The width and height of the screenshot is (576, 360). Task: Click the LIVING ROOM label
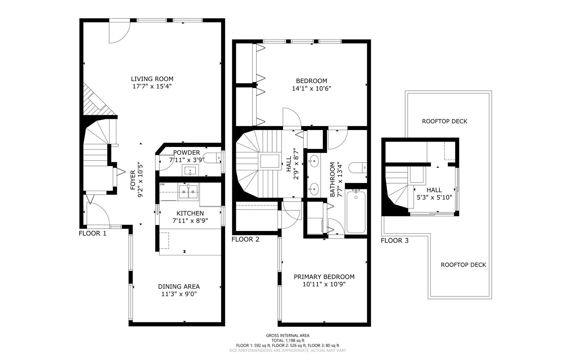pyautogui.click(x=152, y=79)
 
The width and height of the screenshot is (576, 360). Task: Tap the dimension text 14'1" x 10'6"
pyautogui.click(x=311, y=88)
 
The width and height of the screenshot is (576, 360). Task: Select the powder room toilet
pyautogui.click(x=212, y=158)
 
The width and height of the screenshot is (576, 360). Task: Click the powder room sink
pyautogui.click(x=190, y=170)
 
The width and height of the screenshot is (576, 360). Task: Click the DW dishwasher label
pyautogui.click(x=162, y=184)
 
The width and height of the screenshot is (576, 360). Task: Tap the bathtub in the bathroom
pyautogui.click(x=356, y=211)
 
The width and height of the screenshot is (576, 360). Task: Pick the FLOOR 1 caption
pyautogui.click(x=92, y=233)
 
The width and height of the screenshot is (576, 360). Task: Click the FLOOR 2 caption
pyautogui.click(x=245, y=239)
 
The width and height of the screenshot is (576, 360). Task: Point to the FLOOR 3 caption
pyautogui.click(x=394, y=240)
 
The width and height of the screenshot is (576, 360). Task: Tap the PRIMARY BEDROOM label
pyautogui.click(x=324, y=277)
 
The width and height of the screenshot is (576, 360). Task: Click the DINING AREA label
pyautogui.click(x=179, y=286)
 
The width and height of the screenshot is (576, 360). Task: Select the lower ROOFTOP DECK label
pyautogui.click(x=463, y=265)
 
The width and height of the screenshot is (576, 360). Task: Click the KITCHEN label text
pyautogui.click(x=190, y=213)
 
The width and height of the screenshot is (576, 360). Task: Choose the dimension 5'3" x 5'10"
pyautogui.click(x=434, y=197)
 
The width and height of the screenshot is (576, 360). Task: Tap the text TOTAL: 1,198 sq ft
pyautogui.click(x=288, y=341)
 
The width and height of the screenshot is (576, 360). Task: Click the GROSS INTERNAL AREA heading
pyautogui.click(x=288, y=336)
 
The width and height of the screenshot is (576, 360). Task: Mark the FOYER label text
pyautogui.click(x=133, y=180)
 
